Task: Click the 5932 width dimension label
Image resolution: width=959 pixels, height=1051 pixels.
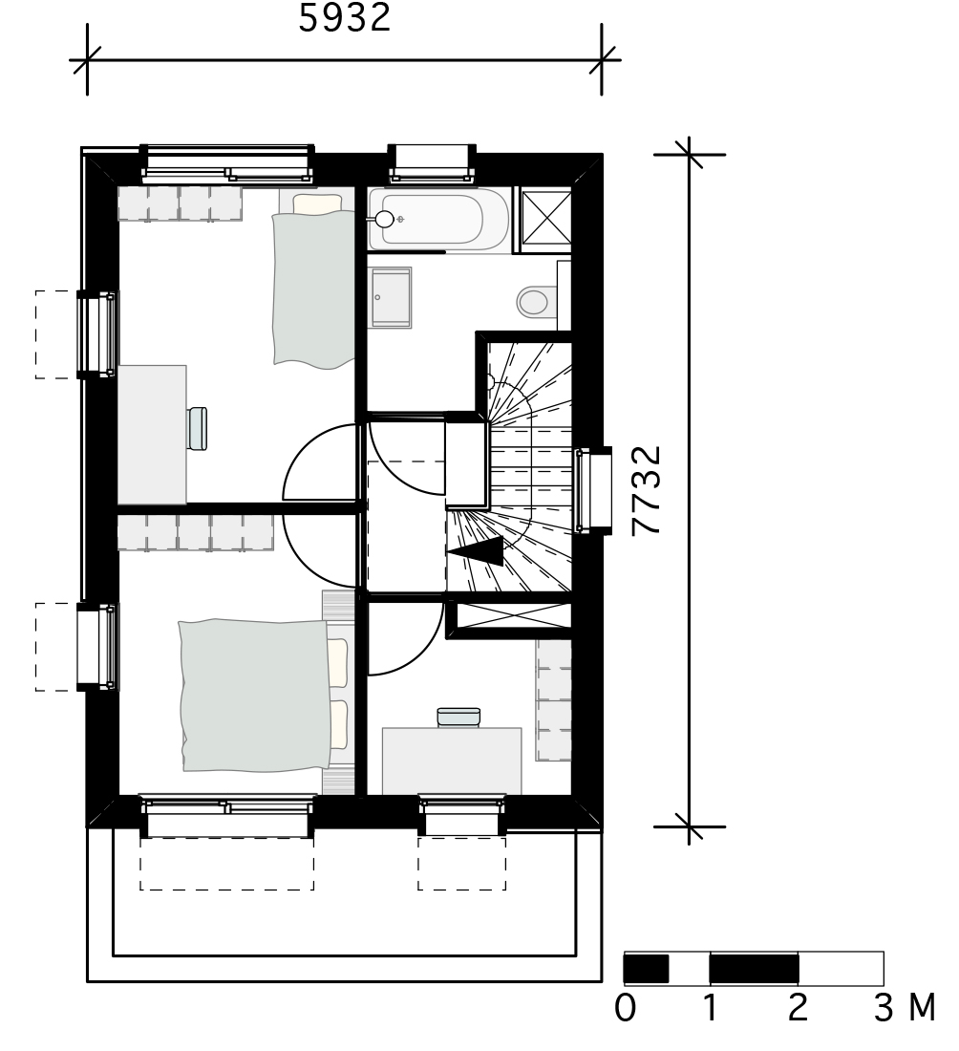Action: tap(345, 17)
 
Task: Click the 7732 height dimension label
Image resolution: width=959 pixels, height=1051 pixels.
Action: tap(648, 491)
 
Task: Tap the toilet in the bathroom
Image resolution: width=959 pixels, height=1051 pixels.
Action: tap(536, 302)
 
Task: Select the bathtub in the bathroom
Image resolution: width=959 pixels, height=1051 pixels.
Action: tap(438, 219)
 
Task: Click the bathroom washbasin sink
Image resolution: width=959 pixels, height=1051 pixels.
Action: tap(391, 297)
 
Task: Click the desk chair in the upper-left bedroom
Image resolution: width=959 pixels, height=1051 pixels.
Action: tap(197, 428)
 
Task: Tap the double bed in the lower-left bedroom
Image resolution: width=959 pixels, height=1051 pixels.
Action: tap(263, 695)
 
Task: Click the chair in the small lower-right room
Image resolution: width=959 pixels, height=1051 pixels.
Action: tap(458, 718)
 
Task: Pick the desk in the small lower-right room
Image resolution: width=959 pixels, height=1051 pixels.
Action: tap(452, 761)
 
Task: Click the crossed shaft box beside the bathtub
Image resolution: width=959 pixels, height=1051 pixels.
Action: tap(546, 218)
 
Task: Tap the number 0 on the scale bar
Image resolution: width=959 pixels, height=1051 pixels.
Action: tap(626, 1007)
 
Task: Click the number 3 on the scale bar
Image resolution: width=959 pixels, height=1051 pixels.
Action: tap(884, 1007)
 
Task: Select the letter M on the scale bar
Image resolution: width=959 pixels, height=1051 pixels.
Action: tap(922, 1007)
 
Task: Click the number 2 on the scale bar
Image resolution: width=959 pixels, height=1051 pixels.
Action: tap(798, 1007)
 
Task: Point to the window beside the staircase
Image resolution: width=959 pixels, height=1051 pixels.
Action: tap(594, 491)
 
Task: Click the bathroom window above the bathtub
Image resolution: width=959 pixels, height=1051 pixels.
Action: tap(433, 162)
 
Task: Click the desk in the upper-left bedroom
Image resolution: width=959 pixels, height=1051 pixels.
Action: tap(152, 435)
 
